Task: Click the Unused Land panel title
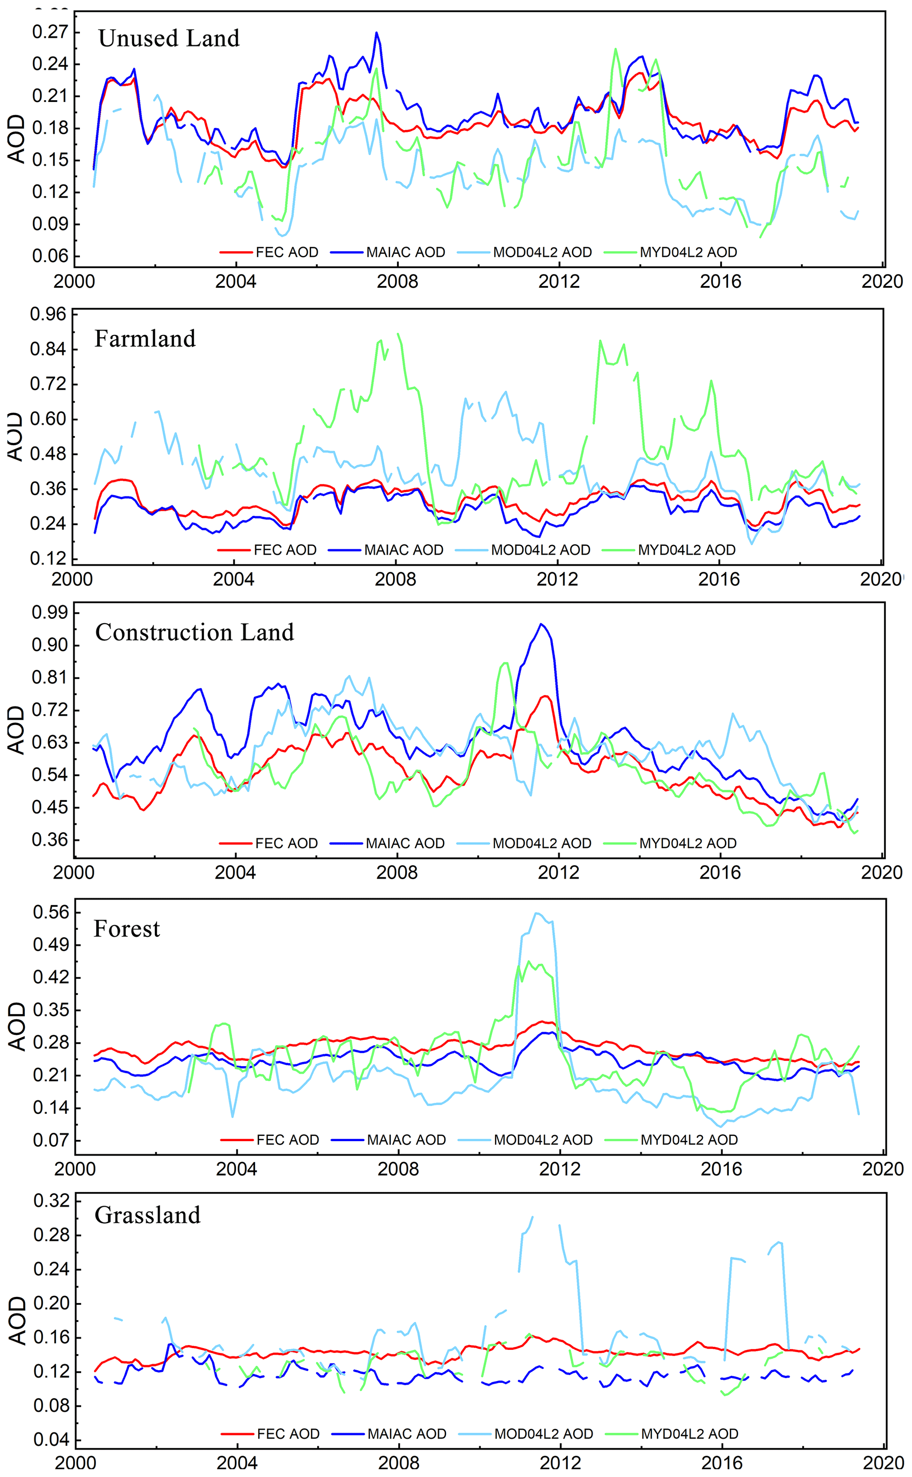click(x=169, y=38)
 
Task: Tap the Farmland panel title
click(x=145, y=339)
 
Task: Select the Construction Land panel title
click(x=194, y=632)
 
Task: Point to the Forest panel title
click(x=127, y=929)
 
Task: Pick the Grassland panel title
click(x=147, y=1214)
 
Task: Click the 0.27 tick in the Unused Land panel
click(x=49, y=31)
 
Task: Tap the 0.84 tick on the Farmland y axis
click(x=48, y=349)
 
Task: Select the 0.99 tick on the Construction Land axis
click(x=49, y=613)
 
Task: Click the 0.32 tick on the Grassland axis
click(x=51, y=1200)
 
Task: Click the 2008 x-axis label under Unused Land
click(x=397, y=282)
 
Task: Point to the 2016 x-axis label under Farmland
click(x=718, y=579)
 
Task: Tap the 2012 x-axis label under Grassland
click(x=560, y=1463)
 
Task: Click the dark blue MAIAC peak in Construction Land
click(x=541, y=625)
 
